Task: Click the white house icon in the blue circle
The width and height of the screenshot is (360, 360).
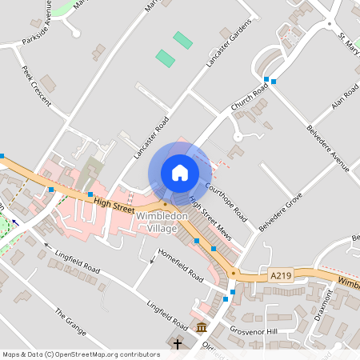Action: coord(180,173)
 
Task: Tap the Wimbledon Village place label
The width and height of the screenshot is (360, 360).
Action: coord(162,222)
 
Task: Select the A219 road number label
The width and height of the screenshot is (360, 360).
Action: coord(279,275)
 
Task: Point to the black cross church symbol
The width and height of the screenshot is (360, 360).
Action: coord(177,345)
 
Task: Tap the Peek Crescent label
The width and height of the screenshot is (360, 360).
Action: coord(37,86)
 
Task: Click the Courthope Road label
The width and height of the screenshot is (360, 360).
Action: coord(226,202)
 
